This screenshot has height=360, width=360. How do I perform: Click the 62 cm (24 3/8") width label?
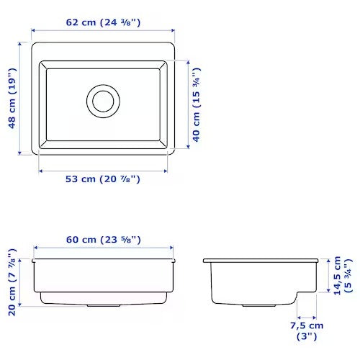tap(104, 22)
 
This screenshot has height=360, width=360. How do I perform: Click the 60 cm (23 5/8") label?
tap(104, 240)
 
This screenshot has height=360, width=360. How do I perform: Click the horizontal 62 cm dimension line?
tap(104, 32)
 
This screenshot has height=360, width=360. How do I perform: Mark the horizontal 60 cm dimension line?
tap(104, 248)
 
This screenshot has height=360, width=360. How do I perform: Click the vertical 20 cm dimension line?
tap(22, 279)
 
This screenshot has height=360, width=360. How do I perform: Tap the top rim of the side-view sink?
tap(261, 259)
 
